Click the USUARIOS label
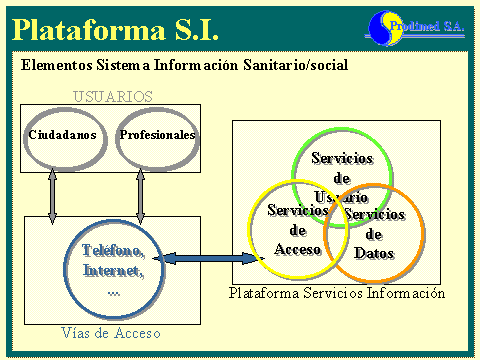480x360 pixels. (114, 97)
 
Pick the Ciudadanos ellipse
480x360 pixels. (62, 135)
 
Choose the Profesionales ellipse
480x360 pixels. (156, 135)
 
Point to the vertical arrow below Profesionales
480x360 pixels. (140, 192)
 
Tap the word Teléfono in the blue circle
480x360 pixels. (113, 250)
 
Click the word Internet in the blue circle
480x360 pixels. (113, 270)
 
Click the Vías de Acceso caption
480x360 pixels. (110, 332)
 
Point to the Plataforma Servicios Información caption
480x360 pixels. (336, 294)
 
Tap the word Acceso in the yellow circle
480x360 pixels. (297, 249)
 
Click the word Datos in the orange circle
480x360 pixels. (375, 254)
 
